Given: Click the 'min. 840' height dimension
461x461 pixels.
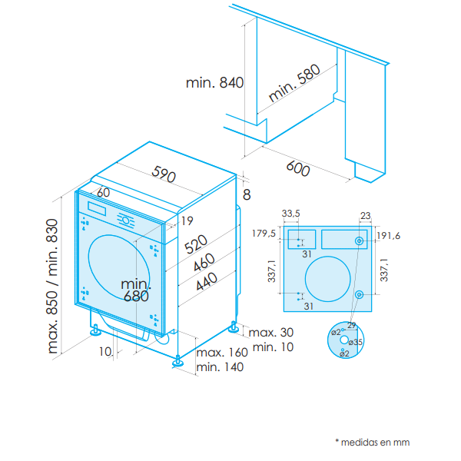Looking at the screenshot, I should (214, 83).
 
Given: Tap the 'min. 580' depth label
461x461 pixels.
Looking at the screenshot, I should (294, 85).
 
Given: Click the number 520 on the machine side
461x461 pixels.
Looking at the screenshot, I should (196, 245).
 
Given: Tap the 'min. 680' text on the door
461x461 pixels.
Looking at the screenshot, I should (136, 290).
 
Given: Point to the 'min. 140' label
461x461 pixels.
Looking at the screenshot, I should (220, 367).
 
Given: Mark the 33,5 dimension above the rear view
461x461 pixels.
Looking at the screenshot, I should (290, 213).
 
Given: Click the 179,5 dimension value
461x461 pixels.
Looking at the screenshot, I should (264, 233).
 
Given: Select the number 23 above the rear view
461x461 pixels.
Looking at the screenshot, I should (365, 215).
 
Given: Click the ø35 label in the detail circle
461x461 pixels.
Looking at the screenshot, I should (355, 342).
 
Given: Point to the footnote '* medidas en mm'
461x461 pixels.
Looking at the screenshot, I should (372, 442).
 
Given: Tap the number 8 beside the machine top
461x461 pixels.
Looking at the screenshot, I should (246, 195).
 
